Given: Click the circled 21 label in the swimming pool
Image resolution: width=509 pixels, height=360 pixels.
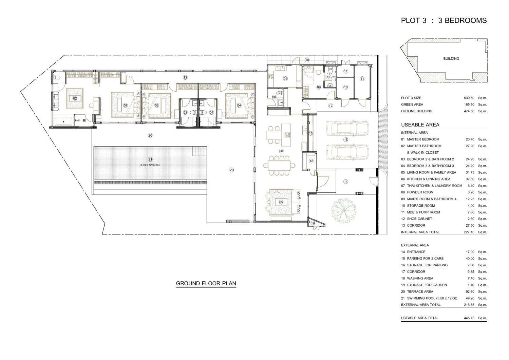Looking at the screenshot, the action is click(150, 159).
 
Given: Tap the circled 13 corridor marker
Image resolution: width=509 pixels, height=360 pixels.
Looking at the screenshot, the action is click(185, 77).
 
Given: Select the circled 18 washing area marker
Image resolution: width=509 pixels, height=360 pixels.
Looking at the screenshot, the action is click(307, 60).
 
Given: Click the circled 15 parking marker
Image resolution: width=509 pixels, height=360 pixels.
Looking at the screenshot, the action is click(346, 139).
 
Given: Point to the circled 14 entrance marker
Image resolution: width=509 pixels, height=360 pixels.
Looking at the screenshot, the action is click(346, 182).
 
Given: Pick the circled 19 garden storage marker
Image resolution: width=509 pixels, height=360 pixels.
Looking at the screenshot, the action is click(313, 223).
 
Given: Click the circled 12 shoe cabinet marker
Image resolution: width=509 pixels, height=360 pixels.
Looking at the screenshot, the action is click(311, 161).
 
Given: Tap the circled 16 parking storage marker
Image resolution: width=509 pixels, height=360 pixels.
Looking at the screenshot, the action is click(310, 133).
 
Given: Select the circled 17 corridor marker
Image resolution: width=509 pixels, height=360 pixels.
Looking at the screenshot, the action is click(331, 106).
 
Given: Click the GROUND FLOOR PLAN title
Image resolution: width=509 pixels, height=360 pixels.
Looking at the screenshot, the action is click(206, 283).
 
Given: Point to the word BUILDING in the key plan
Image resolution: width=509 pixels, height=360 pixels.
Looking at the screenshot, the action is click(451, 59).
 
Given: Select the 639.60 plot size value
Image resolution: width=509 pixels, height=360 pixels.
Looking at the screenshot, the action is click(469, 98).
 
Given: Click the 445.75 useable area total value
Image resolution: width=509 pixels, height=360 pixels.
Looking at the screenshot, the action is click(469, 318).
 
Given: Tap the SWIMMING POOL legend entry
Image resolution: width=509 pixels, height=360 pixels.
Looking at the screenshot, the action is click(432, 298).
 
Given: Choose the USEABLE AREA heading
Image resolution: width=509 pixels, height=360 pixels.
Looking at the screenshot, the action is click(420, 125).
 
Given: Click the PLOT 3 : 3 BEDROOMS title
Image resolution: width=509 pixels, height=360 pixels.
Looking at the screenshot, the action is click(444, 20).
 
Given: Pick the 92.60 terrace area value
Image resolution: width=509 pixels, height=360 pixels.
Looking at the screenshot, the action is click(470, 291).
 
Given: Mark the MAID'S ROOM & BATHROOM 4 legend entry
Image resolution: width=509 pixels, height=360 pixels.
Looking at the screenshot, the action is click(429, 199).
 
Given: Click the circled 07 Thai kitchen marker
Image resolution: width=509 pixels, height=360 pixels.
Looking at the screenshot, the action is click(285, 79).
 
